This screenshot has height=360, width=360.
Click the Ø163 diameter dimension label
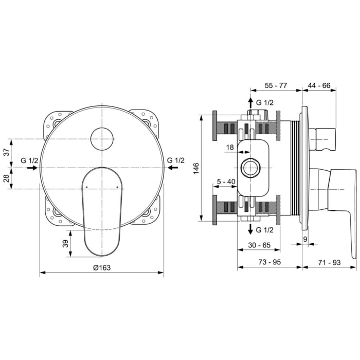pyautogui.click(x=102, y=267)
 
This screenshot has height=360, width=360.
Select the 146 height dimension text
pyautogui.click(x=196, y=168)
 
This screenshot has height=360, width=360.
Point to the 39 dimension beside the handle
pyautogui.click(x=65, y=243)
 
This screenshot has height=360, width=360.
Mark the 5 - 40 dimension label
pyautogui.click(x=226, y=181)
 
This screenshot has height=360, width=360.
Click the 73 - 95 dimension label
pyautogui.click(x=269, y=262)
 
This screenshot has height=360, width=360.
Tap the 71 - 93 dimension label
pyautogui.click(x=329, y=262)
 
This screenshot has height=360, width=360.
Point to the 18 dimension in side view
pyautogui.click(x=230, y=148)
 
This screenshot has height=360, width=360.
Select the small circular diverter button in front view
pyautogui.click(x=102, y=139)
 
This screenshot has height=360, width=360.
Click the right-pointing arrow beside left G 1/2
pyautogui.click(x=32, y=168)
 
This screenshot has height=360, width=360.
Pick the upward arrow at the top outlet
pyautogui.click(x=250, y=102)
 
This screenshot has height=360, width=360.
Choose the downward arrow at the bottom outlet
pyautogui.click(x=250, y=229)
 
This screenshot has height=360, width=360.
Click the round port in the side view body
pyautogui.click(x=251, y=168)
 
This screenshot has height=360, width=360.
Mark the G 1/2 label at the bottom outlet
pyautogui.click(x=265, y=230)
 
